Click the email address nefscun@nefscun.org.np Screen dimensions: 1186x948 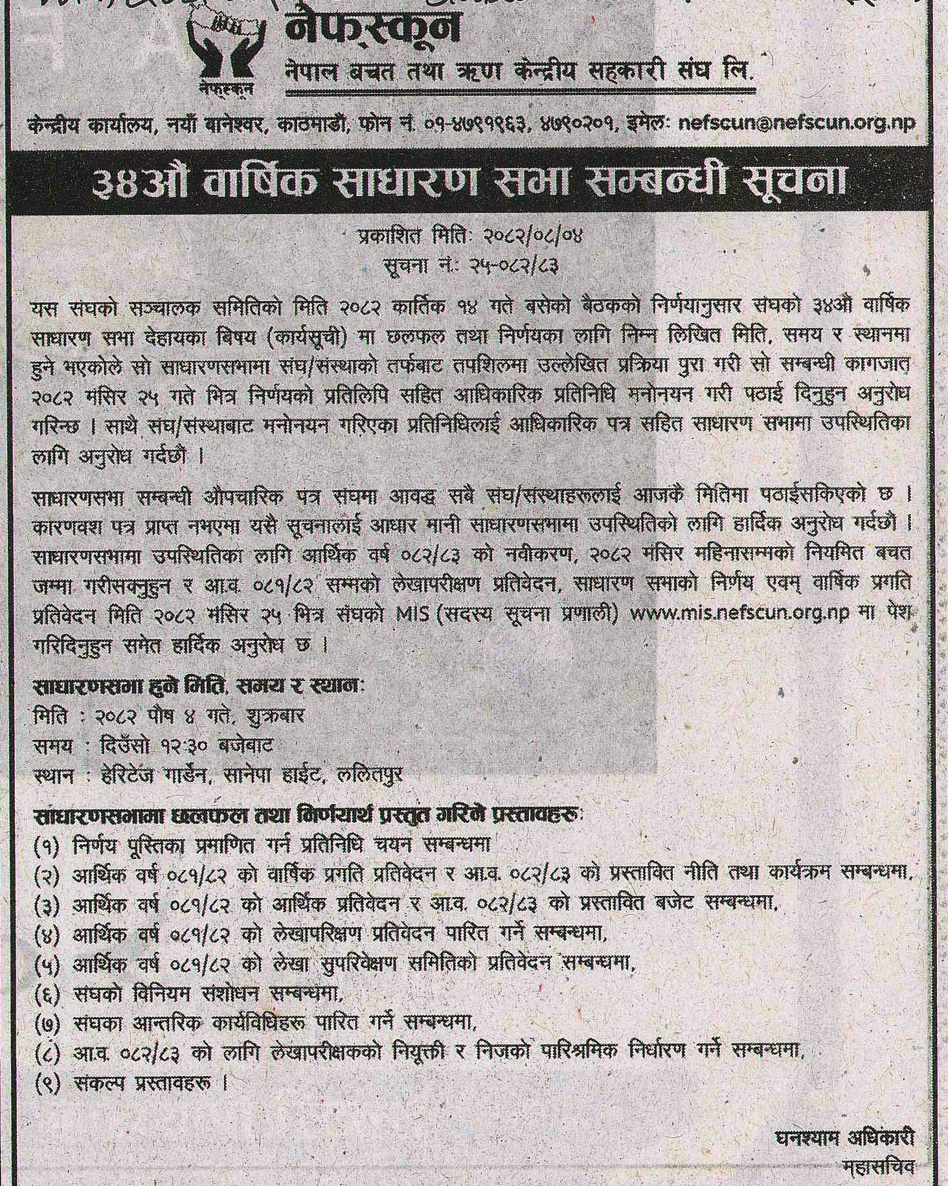796,124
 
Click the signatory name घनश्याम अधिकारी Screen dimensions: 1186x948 844,1138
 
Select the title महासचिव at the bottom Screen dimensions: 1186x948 879,1167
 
